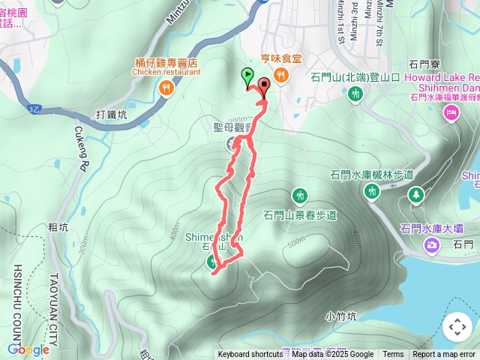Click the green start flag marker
(247, 76)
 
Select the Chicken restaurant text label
(166, 73)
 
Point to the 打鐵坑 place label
(112, 115)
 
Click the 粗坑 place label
(58, 227)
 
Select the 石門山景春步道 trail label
(300, 215)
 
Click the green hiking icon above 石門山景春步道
(300, 196)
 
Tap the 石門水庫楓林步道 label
(371, 175)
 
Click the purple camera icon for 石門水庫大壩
(432, 244)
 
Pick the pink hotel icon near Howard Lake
(451, 112)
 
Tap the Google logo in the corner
(28, 349)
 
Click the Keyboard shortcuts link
(250, 355)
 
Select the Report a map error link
(444, 355)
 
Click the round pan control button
(457, 327)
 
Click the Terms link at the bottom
(393, 355)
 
